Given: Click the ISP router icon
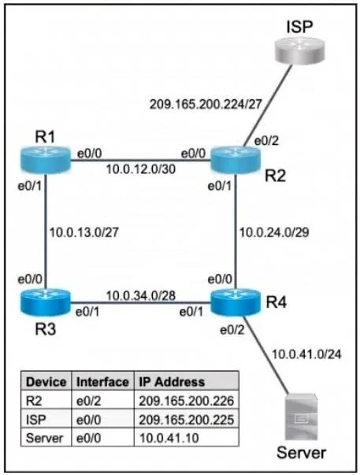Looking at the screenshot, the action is click(299, 50).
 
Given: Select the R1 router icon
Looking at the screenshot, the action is click(46, 160).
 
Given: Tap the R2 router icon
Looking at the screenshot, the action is click(236, 160).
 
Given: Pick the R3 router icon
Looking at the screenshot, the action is click(46, 302).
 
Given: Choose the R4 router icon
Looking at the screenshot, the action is click(236, 302).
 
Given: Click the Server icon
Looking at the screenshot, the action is click(301, 417).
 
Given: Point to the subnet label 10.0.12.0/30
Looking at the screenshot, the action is click(140, 169).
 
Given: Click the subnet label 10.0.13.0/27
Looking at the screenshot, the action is click(84, 232).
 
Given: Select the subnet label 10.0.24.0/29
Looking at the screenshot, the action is click(274, 232).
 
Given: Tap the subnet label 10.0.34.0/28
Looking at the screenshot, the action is click(140, 295).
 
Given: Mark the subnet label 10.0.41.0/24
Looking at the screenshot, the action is click(306, 354).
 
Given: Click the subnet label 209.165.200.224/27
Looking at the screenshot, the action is click(206, 105).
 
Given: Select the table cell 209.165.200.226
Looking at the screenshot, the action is click(187, 401).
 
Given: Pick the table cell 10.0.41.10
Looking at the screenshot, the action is click(169, 438).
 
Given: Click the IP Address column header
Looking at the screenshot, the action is click(172, 382).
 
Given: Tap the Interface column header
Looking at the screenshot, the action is click(102, 382).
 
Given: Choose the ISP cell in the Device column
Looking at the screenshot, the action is click(36, 420).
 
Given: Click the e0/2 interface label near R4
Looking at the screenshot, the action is click(232, 330).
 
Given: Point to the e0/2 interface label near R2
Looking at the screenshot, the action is click(266, 141).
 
